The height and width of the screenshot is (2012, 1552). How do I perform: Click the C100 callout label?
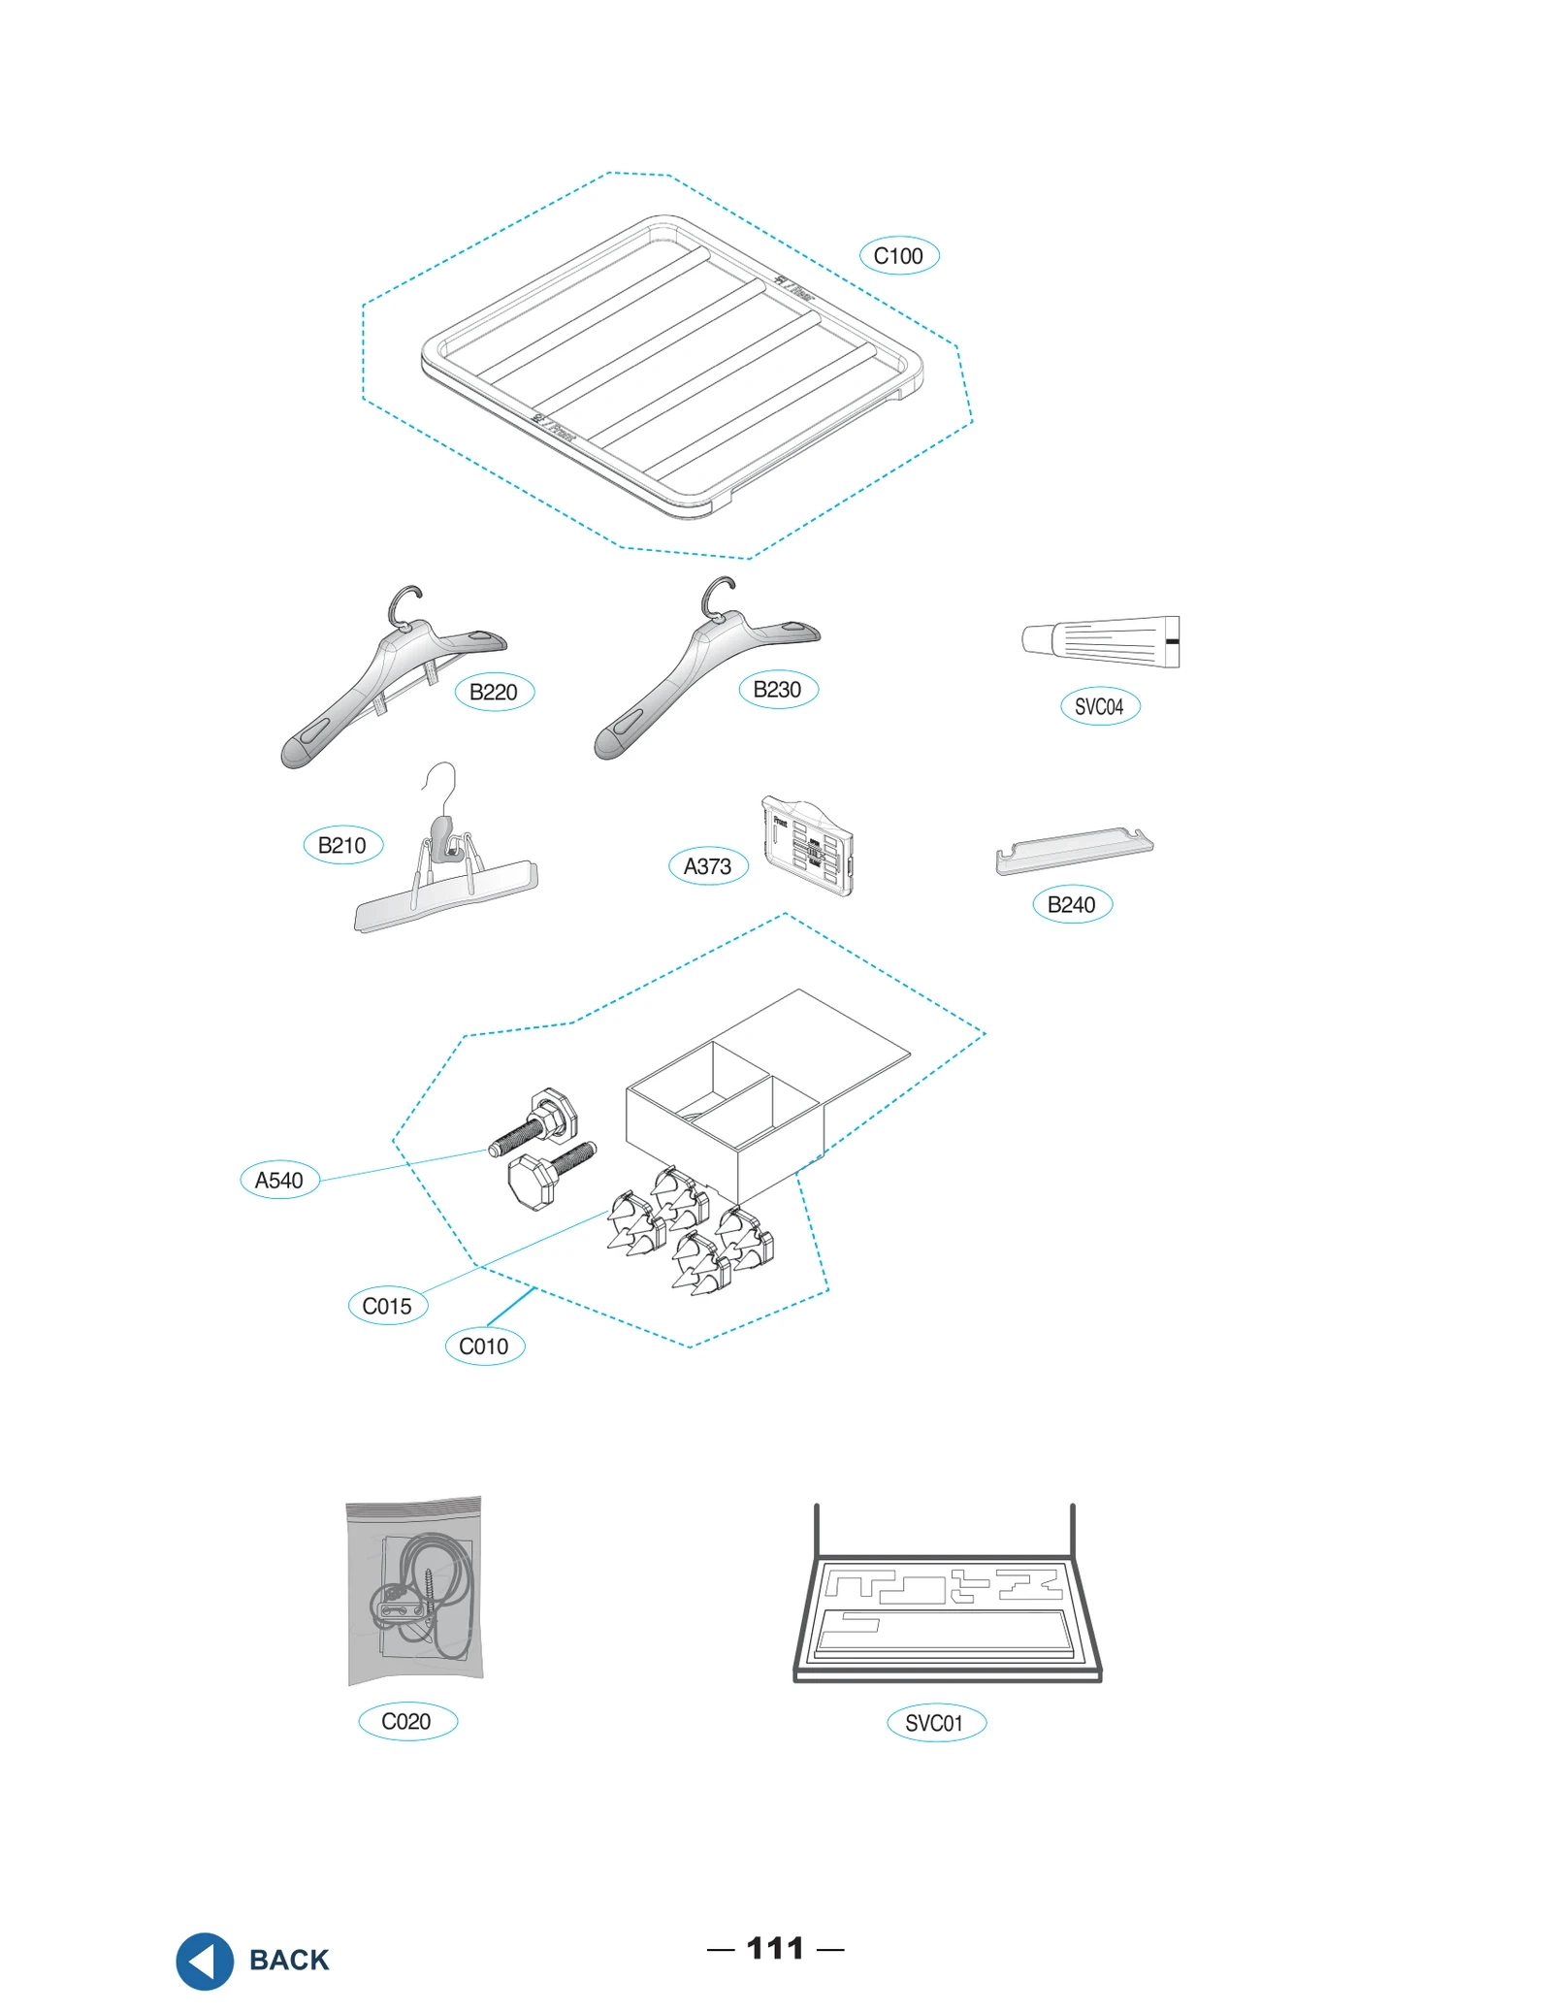click(x=898, y=256)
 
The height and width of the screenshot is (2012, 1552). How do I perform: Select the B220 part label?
click(x=494, y=692)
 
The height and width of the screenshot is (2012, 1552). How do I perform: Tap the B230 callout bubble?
click(x=778, y=690)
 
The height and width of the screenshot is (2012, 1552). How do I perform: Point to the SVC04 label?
click(x=1099, y=706)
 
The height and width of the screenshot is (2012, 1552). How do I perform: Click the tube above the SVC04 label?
click(x=1101, y=641)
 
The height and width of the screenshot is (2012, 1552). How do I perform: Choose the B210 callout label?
click(x=342, y=845)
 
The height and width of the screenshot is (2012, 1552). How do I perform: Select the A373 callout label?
click(x=708, y=866)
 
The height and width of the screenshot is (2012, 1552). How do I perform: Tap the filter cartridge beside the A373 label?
click(x=807, y=845)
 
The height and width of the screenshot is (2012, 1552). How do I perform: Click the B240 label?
click(x=1071, y=904)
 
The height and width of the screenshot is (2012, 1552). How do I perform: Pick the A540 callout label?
click(x=279, y=1180)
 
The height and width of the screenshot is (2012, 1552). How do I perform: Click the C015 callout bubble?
click(x=387, y=1306)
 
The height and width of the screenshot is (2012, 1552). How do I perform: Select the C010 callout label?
click(x=484, y=1346)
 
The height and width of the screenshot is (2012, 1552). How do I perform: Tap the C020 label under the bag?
click(x=406, y=1721)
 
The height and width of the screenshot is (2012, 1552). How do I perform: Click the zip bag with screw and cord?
click(x=414, y=1591)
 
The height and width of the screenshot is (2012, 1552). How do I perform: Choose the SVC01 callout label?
click(x=935, y=1723)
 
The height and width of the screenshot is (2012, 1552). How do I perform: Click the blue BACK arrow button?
click(x=205, y=1961)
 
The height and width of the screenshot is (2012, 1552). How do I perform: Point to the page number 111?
click(x=775, y=1948)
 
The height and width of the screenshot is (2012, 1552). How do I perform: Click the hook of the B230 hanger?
click(x=719, y=594)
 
